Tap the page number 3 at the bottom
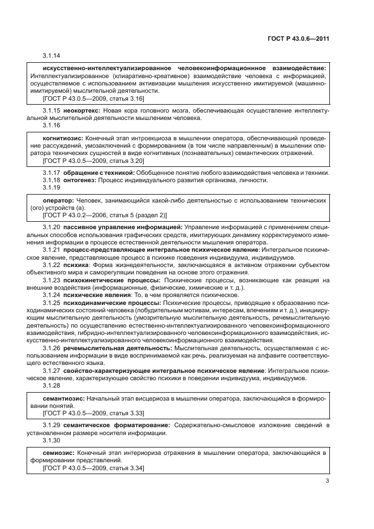[x=327, y=481]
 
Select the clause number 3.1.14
[x=51, y=55]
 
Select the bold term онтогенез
[x=80, y=180]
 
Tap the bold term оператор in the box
[x=58, y=201]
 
